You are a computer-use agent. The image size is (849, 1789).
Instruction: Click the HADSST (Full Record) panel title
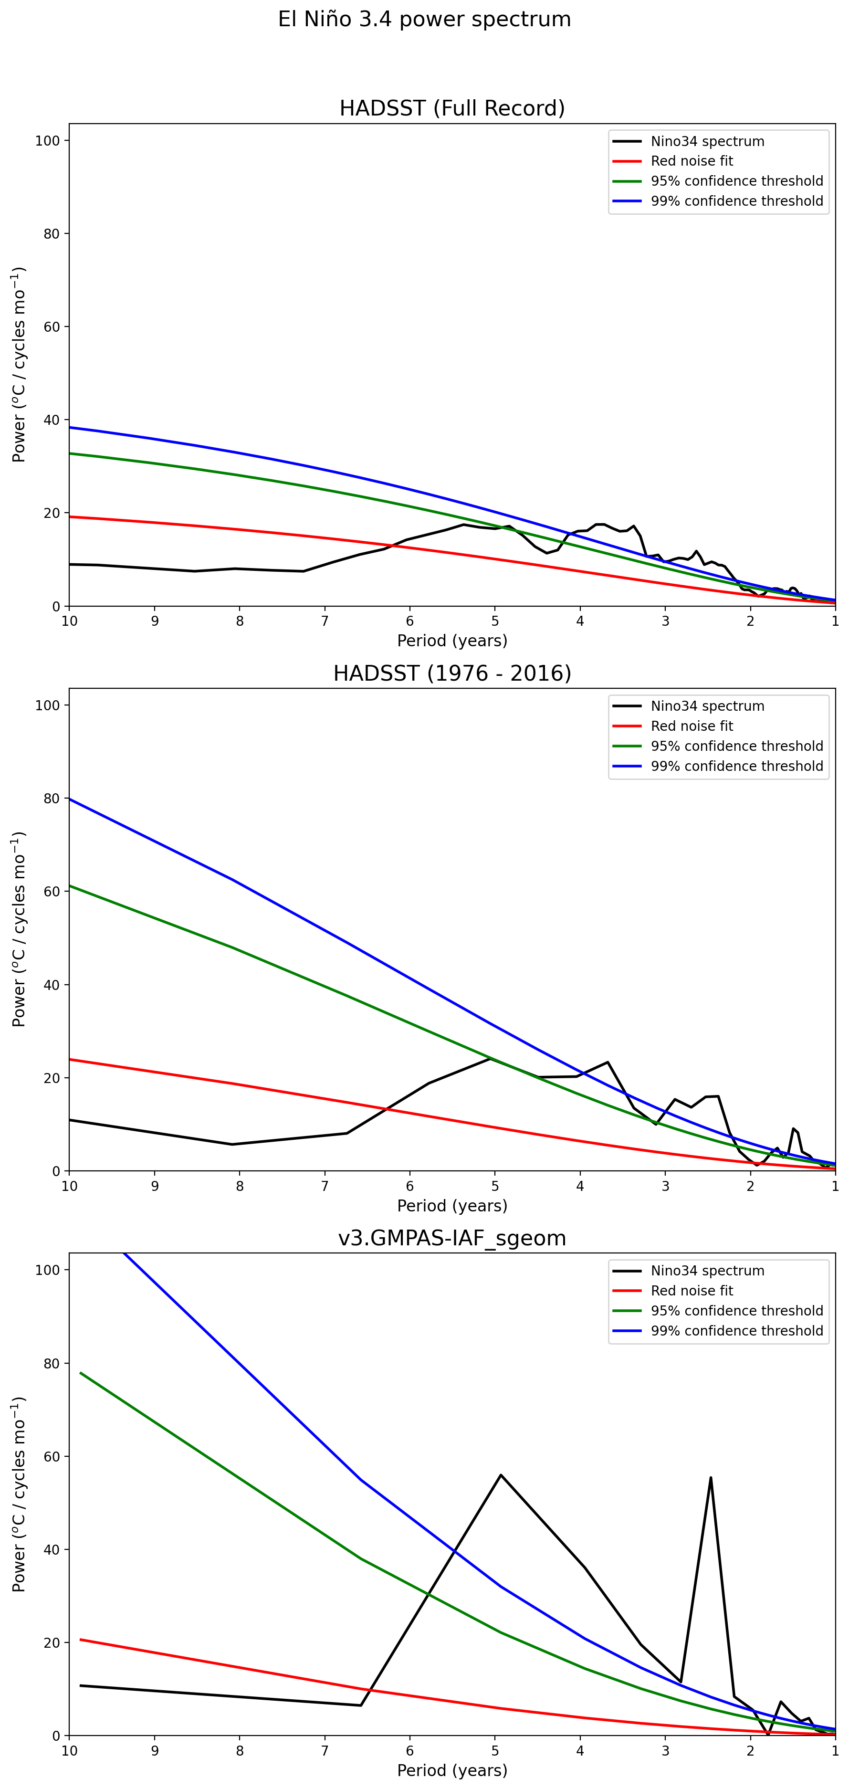452,108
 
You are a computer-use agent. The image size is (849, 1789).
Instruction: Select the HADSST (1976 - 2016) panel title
452,674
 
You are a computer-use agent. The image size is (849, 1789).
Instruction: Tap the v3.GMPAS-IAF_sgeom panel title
452,1238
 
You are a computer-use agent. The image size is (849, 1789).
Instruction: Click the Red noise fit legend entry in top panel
692,161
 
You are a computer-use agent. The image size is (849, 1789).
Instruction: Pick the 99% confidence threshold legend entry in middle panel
736,766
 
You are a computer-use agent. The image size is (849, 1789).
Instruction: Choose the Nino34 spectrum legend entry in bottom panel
707,1271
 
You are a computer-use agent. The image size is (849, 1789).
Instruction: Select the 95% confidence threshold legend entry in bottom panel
736,1311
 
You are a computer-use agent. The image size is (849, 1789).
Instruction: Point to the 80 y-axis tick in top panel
52,234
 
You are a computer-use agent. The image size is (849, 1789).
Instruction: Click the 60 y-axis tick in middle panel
52,892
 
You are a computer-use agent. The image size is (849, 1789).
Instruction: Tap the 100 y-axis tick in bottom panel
48,1270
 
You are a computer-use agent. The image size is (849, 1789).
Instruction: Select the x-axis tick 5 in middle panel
495,1186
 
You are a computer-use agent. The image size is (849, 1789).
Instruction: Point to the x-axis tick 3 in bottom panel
665,1751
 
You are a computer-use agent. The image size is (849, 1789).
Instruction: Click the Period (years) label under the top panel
452,641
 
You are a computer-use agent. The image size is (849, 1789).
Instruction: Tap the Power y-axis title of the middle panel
19,929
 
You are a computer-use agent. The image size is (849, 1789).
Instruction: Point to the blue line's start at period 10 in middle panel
70,799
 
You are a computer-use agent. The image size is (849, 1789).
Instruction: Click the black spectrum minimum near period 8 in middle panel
232,1145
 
